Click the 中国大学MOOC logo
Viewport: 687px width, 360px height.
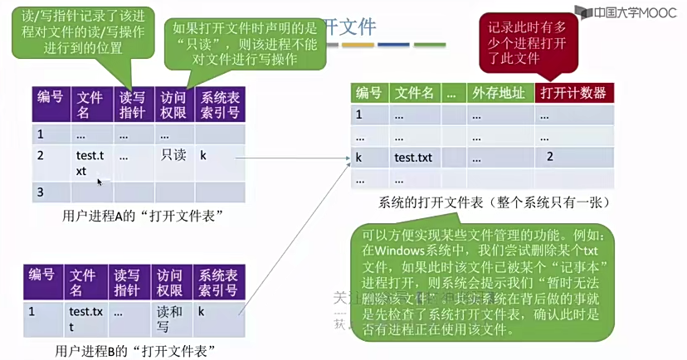click(631, 13)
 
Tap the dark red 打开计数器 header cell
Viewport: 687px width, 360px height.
click(575, 93)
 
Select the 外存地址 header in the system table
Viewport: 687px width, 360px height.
click(498, 93)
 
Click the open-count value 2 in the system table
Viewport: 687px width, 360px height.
click(549, 157)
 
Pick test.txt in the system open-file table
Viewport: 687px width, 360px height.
click(412, 157)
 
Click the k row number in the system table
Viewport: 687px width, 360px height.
click(359, 157)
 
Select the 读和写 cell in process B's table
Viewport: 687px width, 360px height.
click(171, 319)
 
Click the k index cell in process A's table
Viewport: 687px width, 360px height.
click(204, 154)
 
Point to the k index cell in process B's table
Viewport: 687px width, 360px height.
click(202, 312)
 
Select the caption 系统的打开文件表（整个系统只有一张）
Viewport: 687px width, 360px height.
click(495, 202)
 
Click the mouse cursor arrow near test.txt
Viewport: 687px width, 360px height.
click(100, 181)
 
